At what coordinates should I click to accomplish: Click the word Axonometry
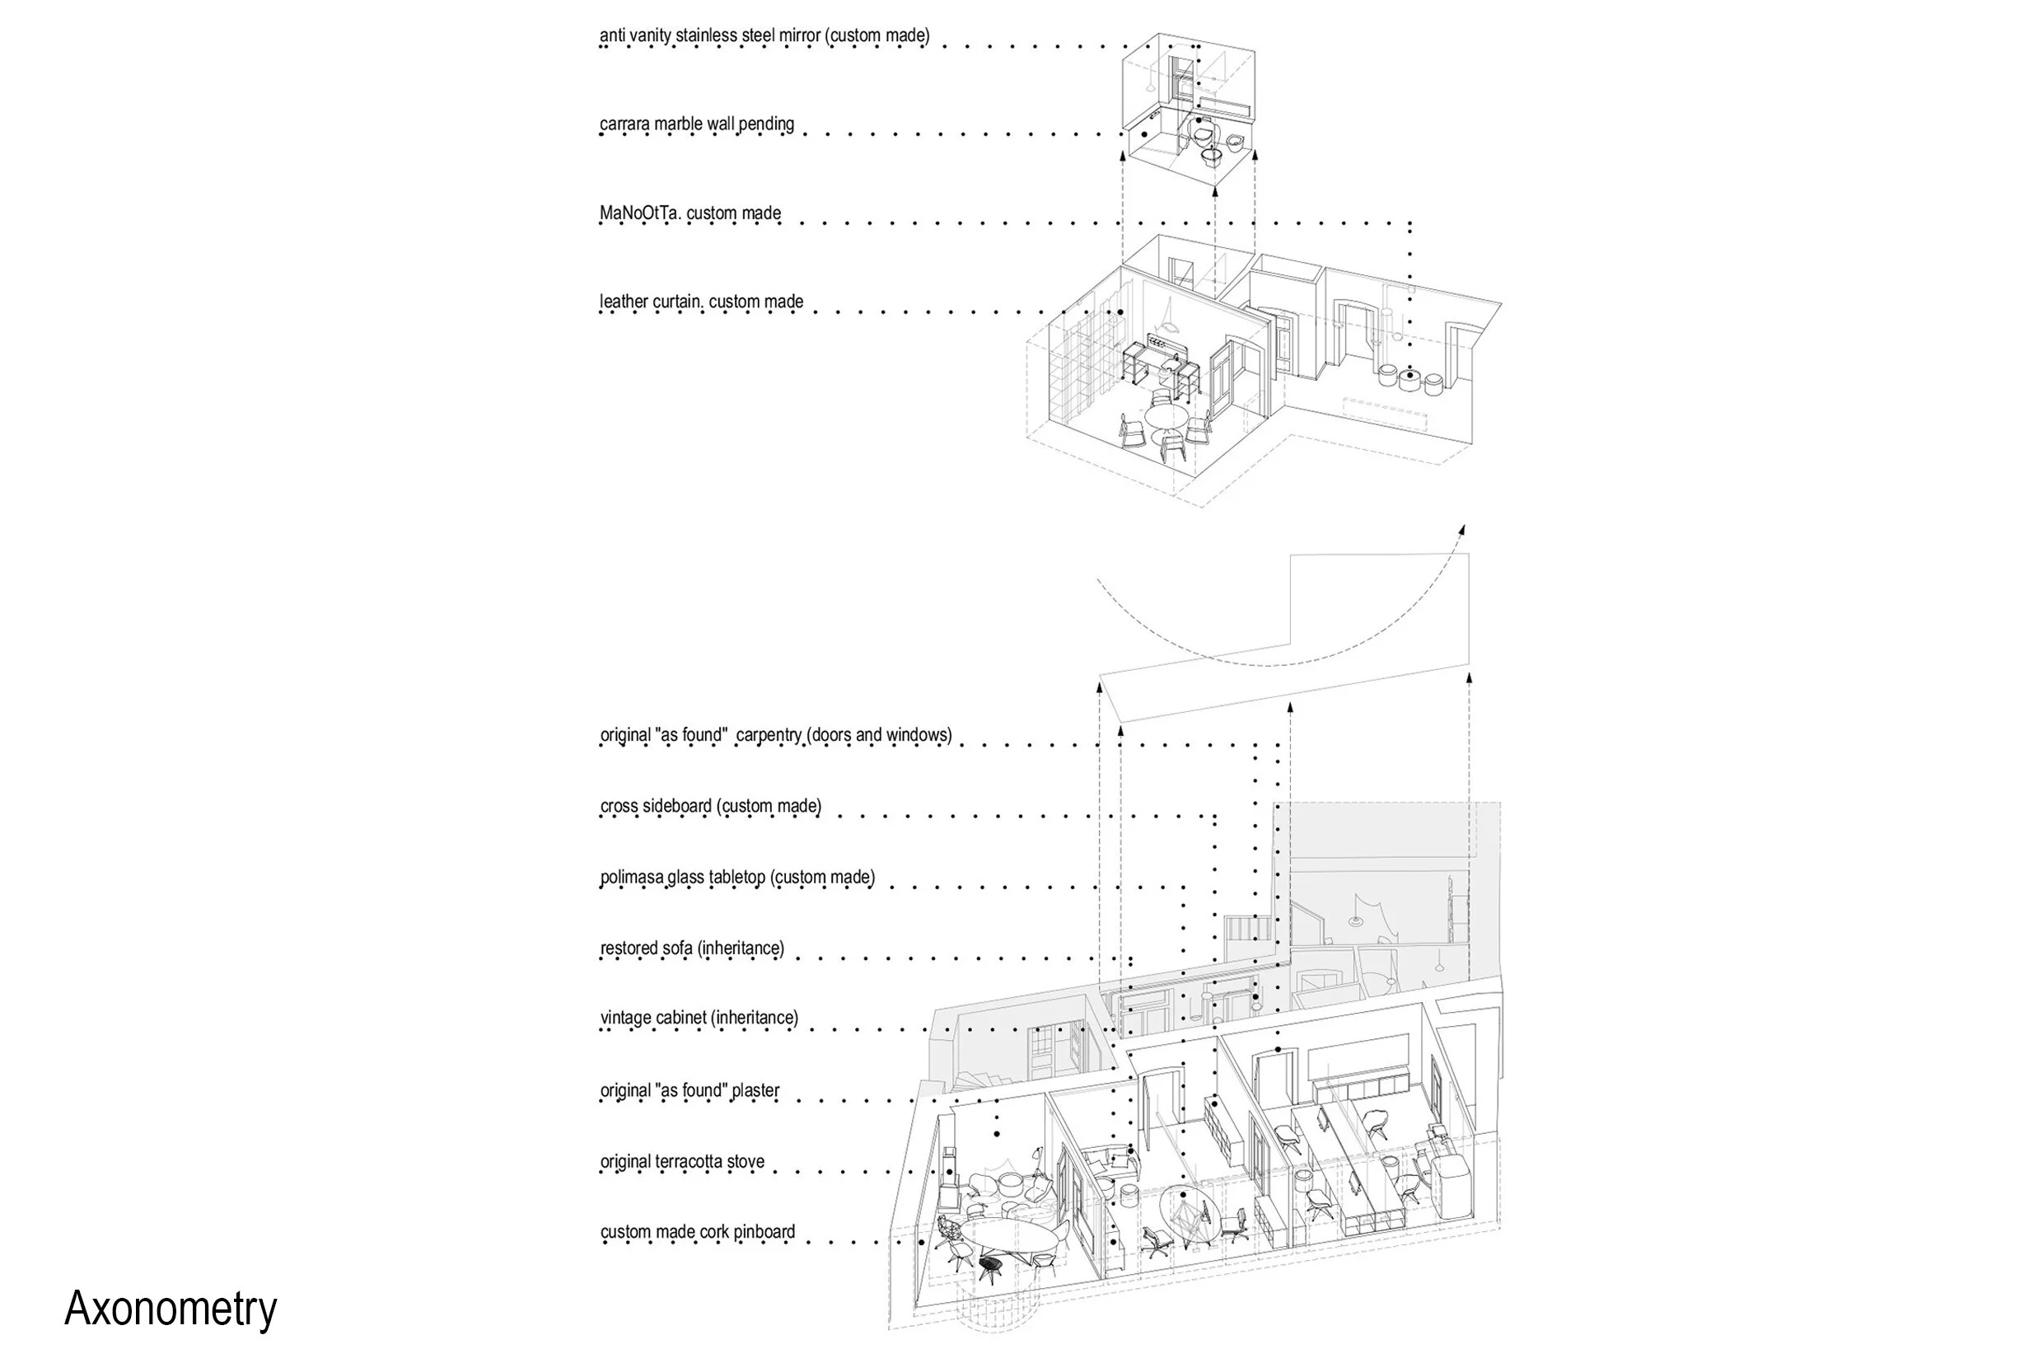point(171,1309)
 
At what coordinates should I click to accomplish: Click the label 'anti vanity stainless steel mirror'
point(710,35)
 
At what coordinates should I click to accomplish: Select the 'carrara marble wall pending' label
point(697,124)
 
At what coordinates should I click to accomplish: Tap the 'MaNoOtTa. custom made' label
point(690,213)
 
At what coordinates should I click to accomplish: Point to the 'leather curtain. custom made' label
point(701,302)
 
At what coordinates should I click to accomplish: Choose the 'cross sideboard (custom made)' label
point(711,806)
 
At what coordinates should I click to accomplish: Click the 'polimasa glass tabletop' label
point(683,877)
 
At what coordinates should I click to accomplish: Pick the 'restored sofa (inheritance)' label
point(693,948)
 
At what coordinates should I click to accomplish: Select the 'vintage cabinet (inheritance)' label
point(699,1018)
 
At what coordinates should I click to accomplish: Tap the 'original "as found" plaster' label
point(690,1090)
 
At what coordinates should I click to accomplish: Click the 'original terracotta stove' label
point(682,1161)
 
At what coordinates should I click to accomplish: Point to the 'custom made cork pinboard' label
point(698,1232)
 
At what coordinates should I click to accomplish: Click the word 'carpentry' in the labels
point(769,735)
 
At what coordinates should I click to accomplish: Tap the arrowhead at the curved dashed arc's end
point(1461,530)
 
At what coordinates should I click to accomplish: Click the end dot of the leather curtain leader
point(1121,312)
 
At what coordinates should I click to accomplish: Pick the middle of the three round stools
point(1410,380)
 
